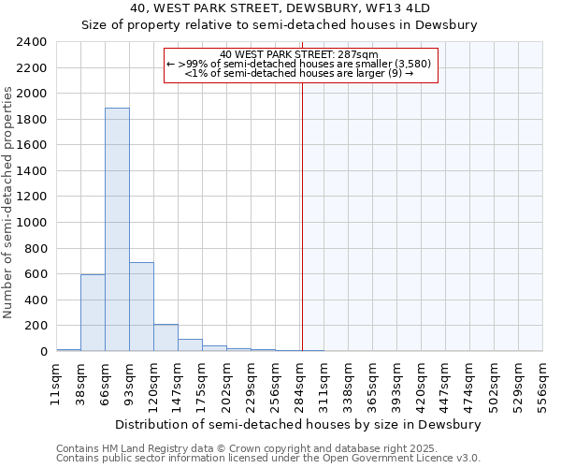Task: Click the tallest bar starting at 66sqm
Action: (x=117, y=229)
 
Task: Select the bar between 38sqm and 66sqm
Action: (x=93, y=313)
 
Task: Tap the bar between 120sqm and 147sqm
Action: (x=165, y=338)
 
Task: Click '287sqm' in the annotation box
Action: (x=357, y=54)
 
